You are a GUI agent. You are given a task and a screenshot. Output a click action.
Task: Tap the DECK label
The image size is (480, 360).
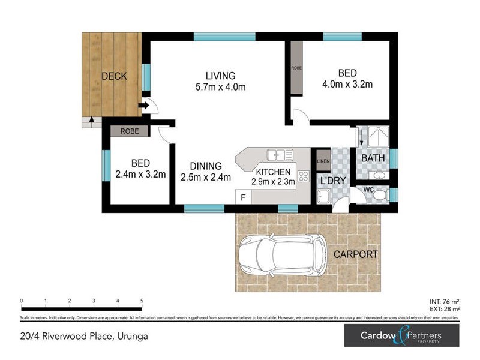113,76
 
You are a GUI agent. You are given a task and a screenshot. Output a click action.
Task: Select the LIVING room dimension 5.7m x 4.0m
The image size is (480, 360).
221,87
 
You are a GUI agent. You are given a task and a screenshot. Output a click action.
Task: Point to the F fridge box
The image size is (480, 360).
243,197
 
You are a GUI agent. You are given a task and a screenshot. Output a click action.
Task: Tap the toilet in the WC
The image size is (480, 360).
376,194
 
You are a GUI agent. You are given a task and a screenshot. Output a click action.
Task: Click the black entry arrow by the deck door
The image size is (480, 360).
143,107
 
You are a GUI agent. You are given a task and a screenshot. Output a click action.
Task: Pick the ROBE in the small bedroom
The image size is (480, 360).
129,131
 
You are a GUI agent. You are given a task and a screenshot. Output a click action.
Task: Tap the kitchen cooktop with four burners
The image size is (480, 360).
302,176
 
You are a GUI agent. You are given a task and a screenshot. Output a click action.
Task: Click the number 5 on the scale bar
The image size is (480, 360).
142,301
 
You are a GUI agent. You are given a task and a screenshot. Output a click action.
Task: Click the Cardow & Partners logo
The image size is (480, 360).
401,336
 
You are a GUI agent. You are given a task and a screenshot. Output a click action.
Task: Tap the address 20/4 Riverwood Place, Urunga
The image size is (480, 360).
84,336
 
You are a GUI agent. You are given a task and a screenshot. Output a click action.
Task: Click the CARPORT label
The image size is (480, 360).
356,254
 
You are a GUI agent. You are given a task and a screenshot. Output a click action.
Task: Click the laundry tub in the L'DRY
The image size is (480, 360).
323,197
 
